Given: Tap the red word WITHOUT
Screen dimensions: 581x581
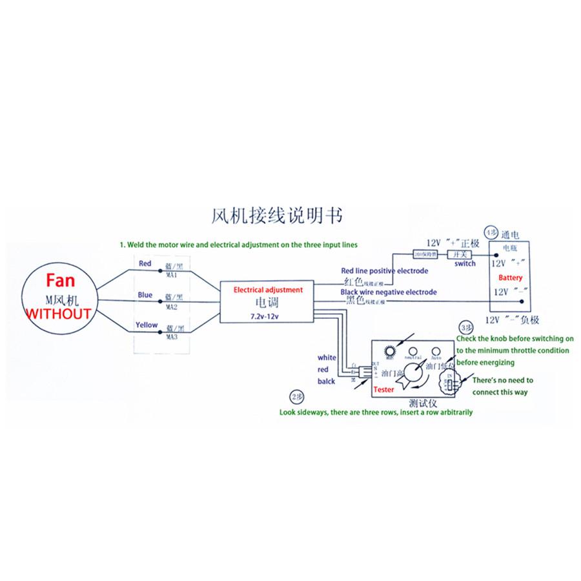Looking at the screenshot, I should pos(57,314).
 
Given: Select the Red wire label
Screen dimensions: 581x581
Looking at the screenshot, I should pos(145,263).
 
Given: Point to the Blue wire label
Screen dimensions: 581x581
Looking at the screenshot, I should pos(145,295).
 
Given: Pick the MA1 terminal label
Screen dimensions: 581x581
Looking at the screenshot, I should pos(172,274).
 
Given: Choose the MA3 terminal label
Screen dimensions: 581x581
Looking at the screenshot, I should pos(172,337).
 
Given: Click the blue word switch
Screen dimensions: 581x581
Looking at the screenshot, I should pos(465,263).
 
